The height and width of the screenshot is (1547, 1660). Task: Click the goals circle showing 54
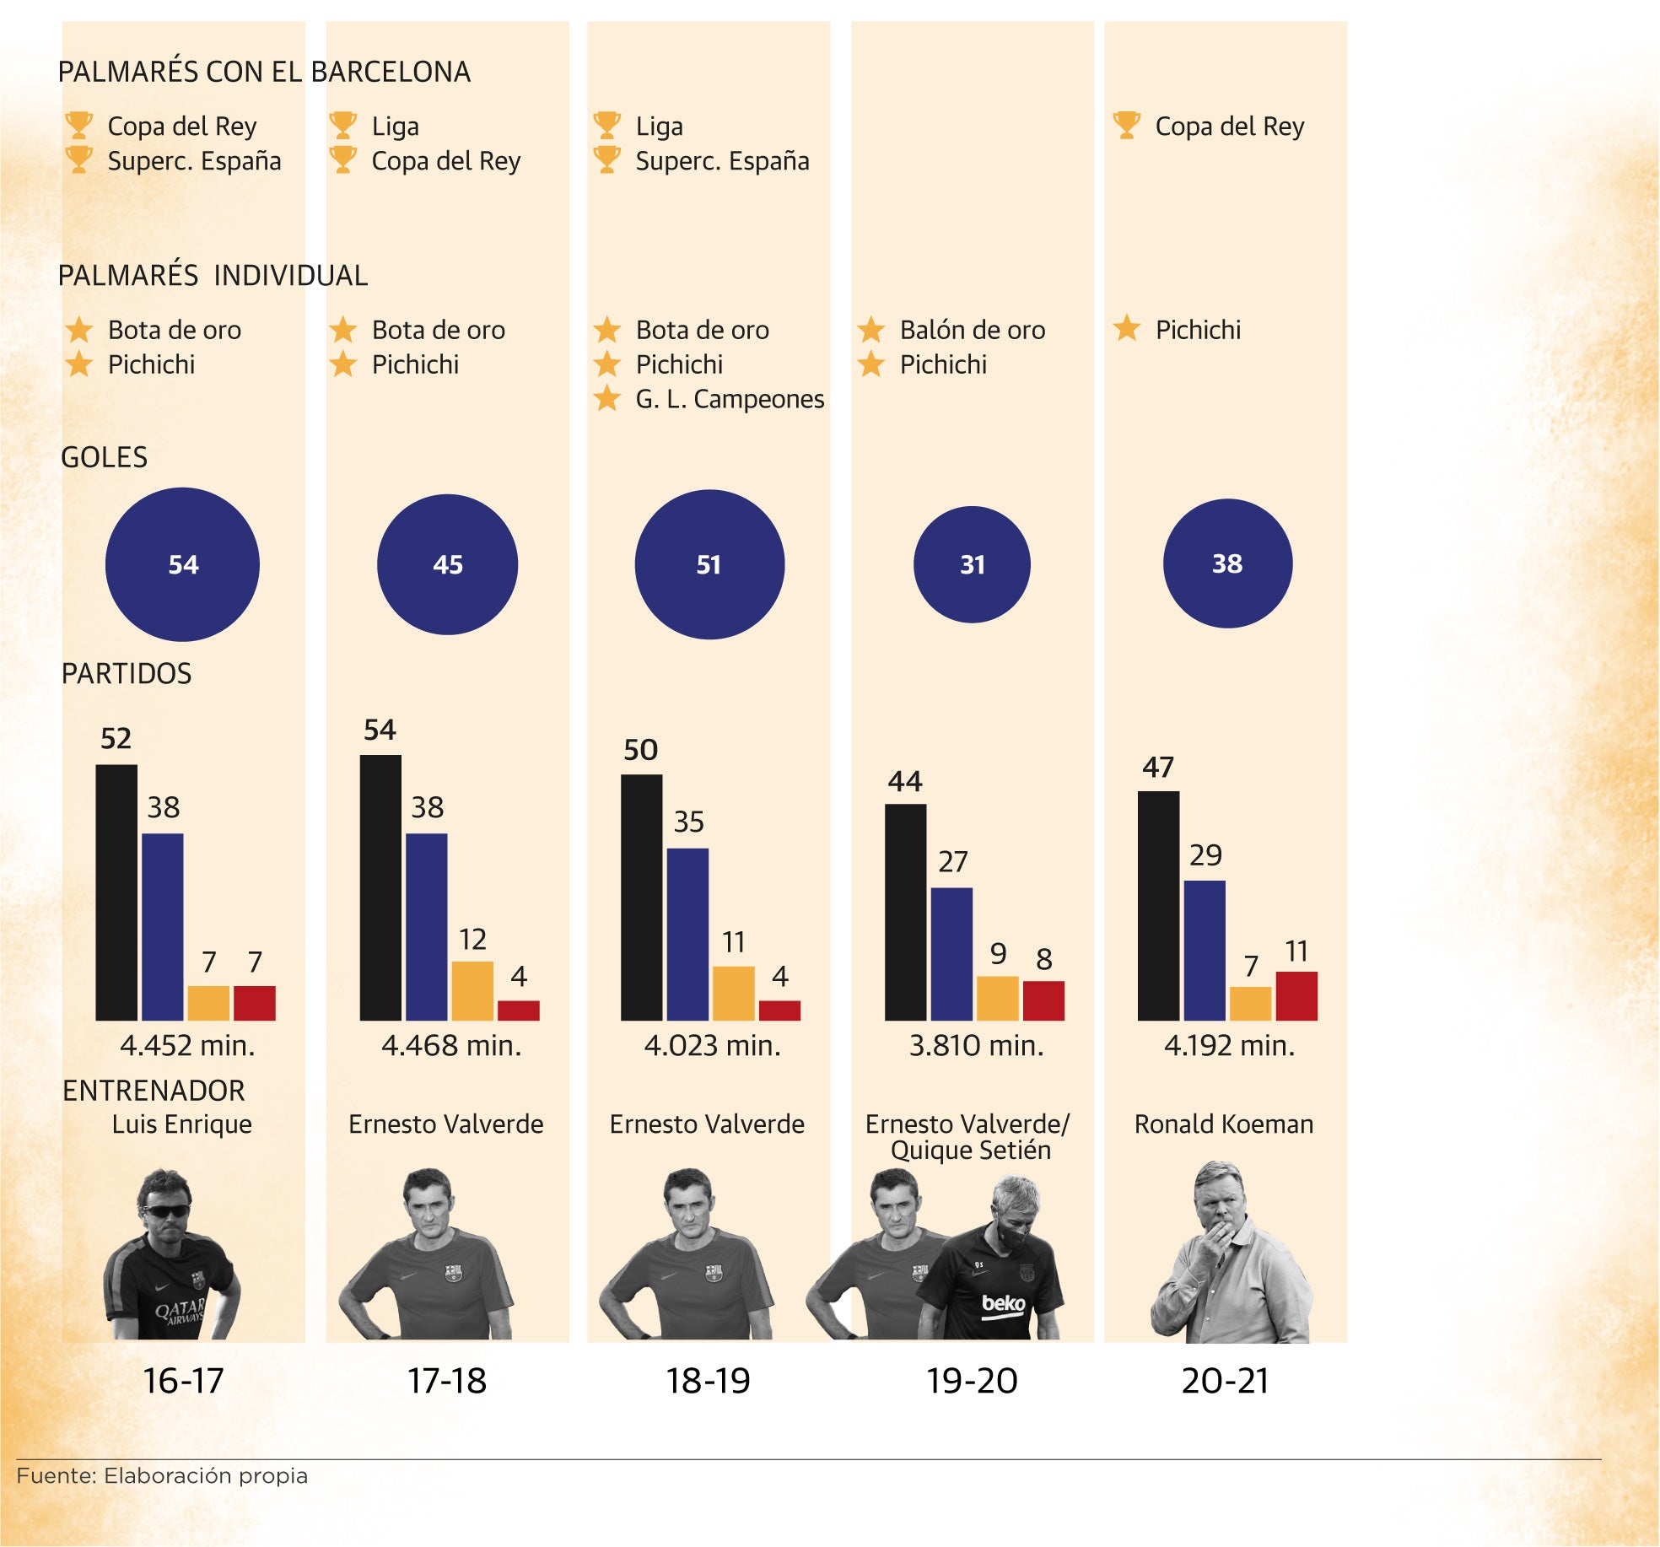(182, 563)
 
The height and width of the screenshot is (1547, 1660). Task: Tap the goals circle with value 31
(972, 563)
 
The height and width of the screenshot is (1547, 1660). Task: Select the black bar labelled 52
(116, 892)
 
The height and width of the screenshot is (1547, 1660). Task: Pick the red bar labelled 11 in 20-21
(1296, 995)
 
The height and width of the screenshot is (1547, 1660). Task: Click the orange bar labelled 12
(472, 990)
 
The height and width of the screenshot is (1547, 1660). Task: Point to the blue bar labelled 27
(951, 953)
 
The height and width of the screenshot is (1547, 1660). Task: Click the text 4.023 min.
(712, 1046)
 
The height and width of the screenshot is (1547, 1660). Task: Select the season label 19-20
(972, 1381)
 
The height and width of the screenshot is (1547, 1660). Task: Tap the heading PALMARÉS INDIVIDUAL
(213, 275)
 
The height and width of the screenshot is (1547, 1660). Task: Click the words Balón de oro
(972, 330)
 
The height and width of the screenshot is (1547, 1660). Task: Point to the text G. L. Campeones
(730, 399)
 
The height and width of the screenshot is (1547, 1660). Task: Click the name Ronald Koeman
(1223, 1124)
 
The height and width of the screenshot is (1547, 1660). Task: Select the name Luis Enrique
(182, 1124)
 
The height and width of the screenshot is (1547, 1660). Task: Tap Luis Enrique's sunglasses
(166, 1211)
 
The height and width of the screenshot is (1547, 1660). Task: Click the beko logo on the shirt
(1003, 1303)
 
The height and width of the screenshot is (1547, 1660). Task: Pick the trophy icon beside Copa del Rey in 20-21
(1127, 125)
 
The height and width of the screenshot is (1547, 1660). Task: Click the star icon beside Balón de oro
(871, 330)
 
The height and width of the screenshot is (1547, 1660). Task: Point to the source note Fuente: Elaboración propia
(162, 1475)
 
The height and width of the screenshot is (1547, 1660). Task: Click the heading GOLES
(105, 457)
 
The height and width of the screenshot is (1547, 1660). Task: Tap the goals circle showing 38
(1227, 563)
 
